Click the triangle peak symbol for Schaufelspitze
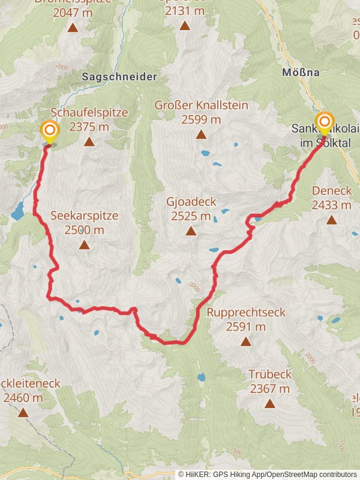click(x=89, y=142)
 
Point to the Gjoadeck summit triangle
click(x=191, y=231)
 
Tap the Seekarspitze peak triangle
click(x=84, y=245)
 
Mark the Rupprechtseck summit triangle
click(x=245, y=342)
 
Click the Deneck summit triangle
click(x=331, y=220)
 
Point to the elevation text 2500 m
click(x=84, y=229)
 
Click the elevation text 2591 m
click(x=245, y=327)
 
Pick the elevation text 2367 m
click(x=270, y=389)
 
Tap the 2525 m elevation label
click(x=191, y=216)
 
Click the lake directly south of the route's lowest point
click(x=202, y=378)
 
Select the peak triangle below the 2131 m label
click(x=184, y=26)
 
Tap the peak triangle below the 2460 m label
click(x=23, y=412)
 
